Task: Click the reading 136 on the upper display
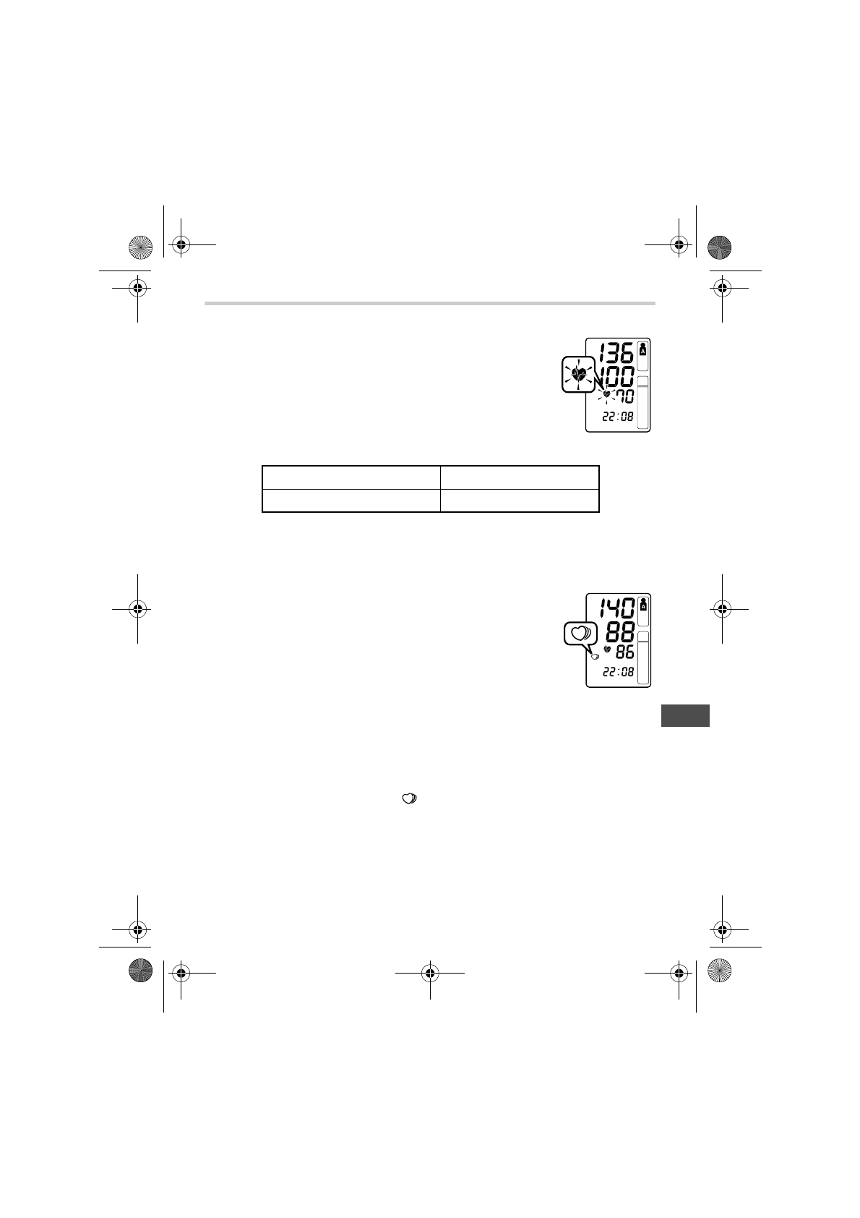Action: point(616,353)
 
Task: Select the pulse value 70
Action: point(624,396)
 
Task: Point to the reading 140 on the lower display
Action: point(616,608)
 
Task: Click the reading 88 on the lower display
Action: point(620,632)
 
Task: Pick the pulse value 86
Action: point(625,652)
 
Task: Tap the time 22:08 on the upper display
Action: point(618,417)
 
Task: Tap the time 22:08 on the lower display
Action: point(618,672)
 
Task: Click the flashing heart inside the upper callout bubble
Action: point(578,374)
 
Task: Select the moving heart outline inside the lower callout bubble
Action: point(580,634)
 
